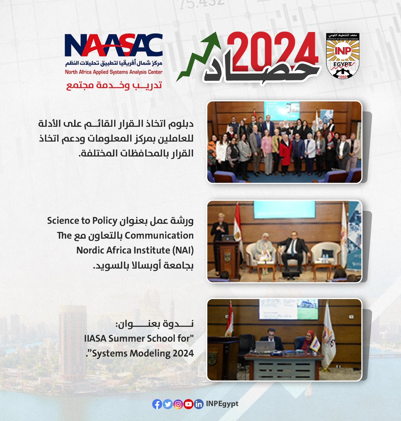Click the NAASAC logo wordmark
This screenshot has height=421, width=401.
pyautogui.click(x=113, y=45)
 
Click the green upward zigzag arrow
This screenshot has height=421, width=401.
pyautogui.click(x=198, y=56)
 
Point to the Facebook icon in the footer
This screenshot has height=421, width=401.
pyautogui.click(x=157, y=405)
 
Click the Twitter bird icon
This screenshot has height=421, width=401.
pyautogui.click(x=168, y=405)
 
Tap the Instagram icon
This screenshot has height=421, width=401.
pyautogui.click(x=178, y=405)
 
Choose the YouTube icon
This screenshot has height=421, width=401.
pyautogui.click(x=188, y=405)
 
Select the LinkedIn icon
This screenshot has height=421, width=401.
pyautogui.click(x=199, y=405)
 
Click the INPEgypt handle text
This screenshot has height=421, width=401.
pyautogui.click(x=222, y=404)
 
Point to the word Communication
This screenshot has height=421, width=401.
pyautogui.click(x=159, y=235)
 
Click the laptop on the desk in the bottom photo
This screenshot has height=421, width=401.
pyautogui.click(x=265, y=347)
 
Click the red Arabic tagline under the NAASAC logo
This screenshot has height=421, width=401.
pyautogui.click(x=114, y=86)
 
